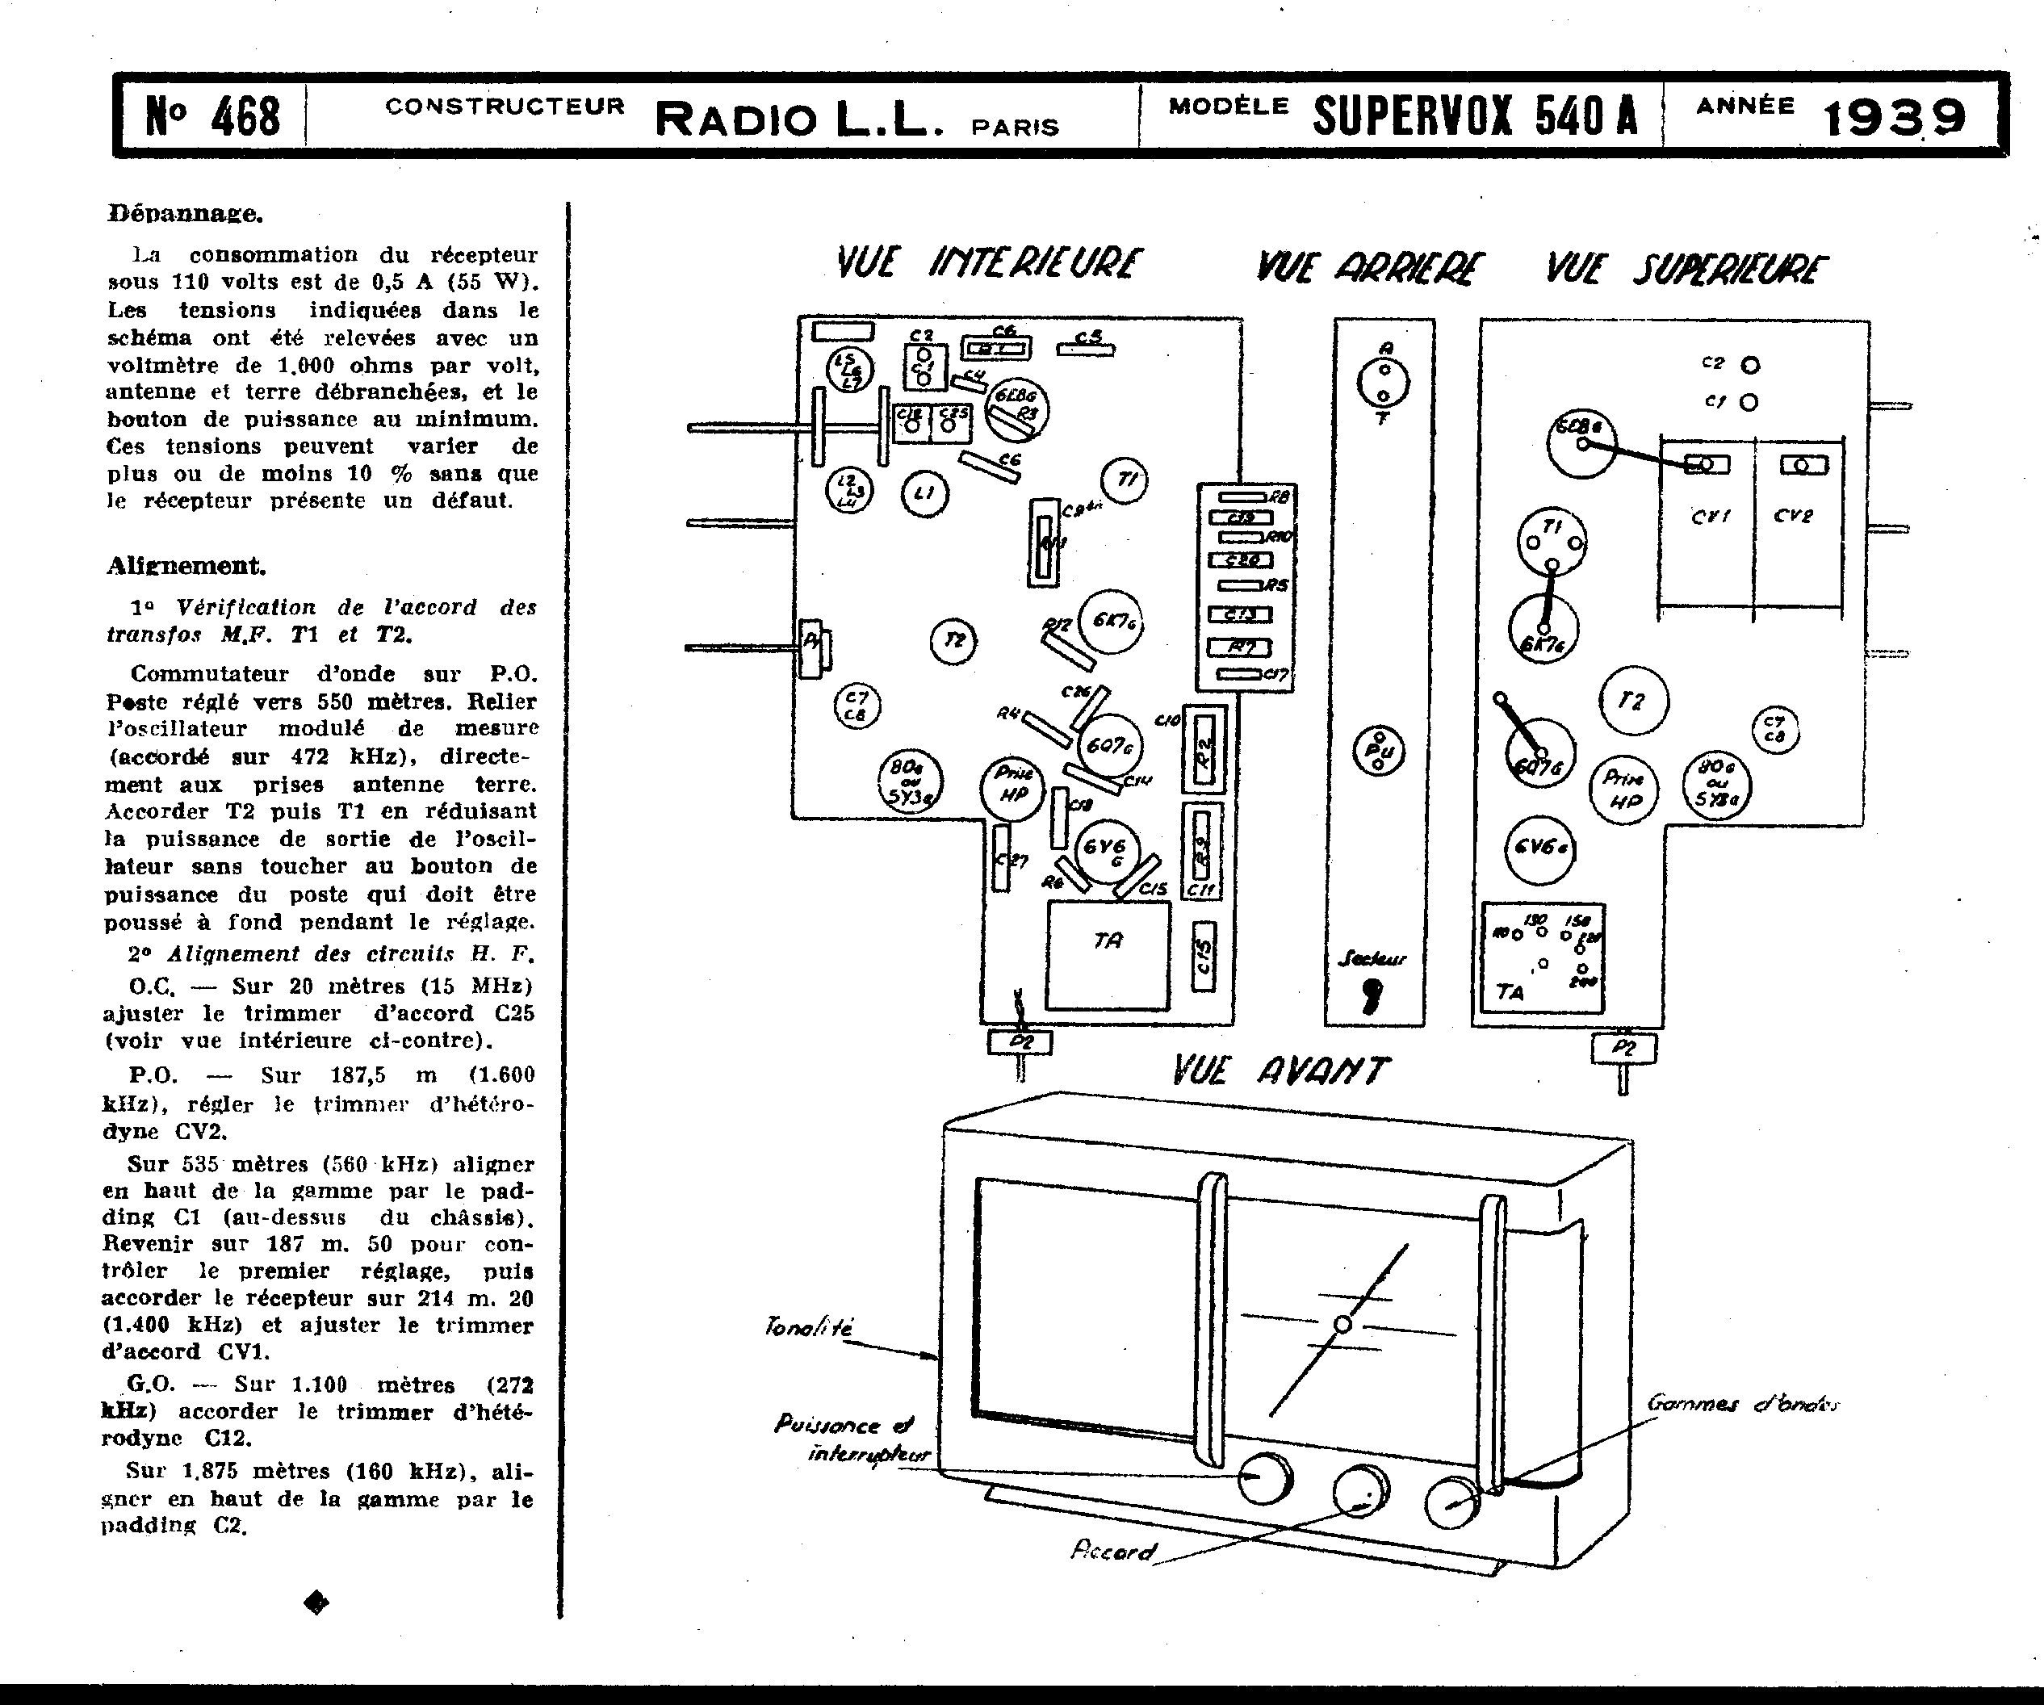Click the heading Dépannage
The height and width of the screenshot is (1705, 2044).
click(x=185, y=213)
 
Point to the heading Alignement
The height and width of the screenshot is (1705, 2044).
click(x=186, y=565)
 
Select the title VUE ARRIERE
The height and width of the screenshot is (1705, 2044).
click(x=1371, y=268)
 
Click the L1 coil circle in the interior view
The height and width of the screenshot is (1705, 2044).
click(x=924, y=493)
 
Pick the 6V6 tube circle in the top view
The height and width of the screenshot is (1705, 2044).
click(x=1539, y=848)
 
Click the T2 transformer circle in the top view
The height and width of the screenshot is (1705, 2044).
click(x=1633, y=701)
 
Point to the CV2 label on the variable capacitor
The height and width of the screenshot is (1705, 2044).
click(x=1793, y=516)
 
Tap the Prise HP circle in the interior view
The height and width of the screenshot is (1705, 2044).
click(x=1014, y=785)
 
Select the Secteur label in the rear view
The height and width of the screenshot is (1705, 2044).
click(x=1371, y=958)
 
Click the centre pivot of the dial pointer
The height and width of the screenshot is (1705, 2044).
click(x=1342, y=1323)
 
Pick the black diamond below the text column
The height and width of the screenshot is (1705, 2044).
click(x=316, y=1602)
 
